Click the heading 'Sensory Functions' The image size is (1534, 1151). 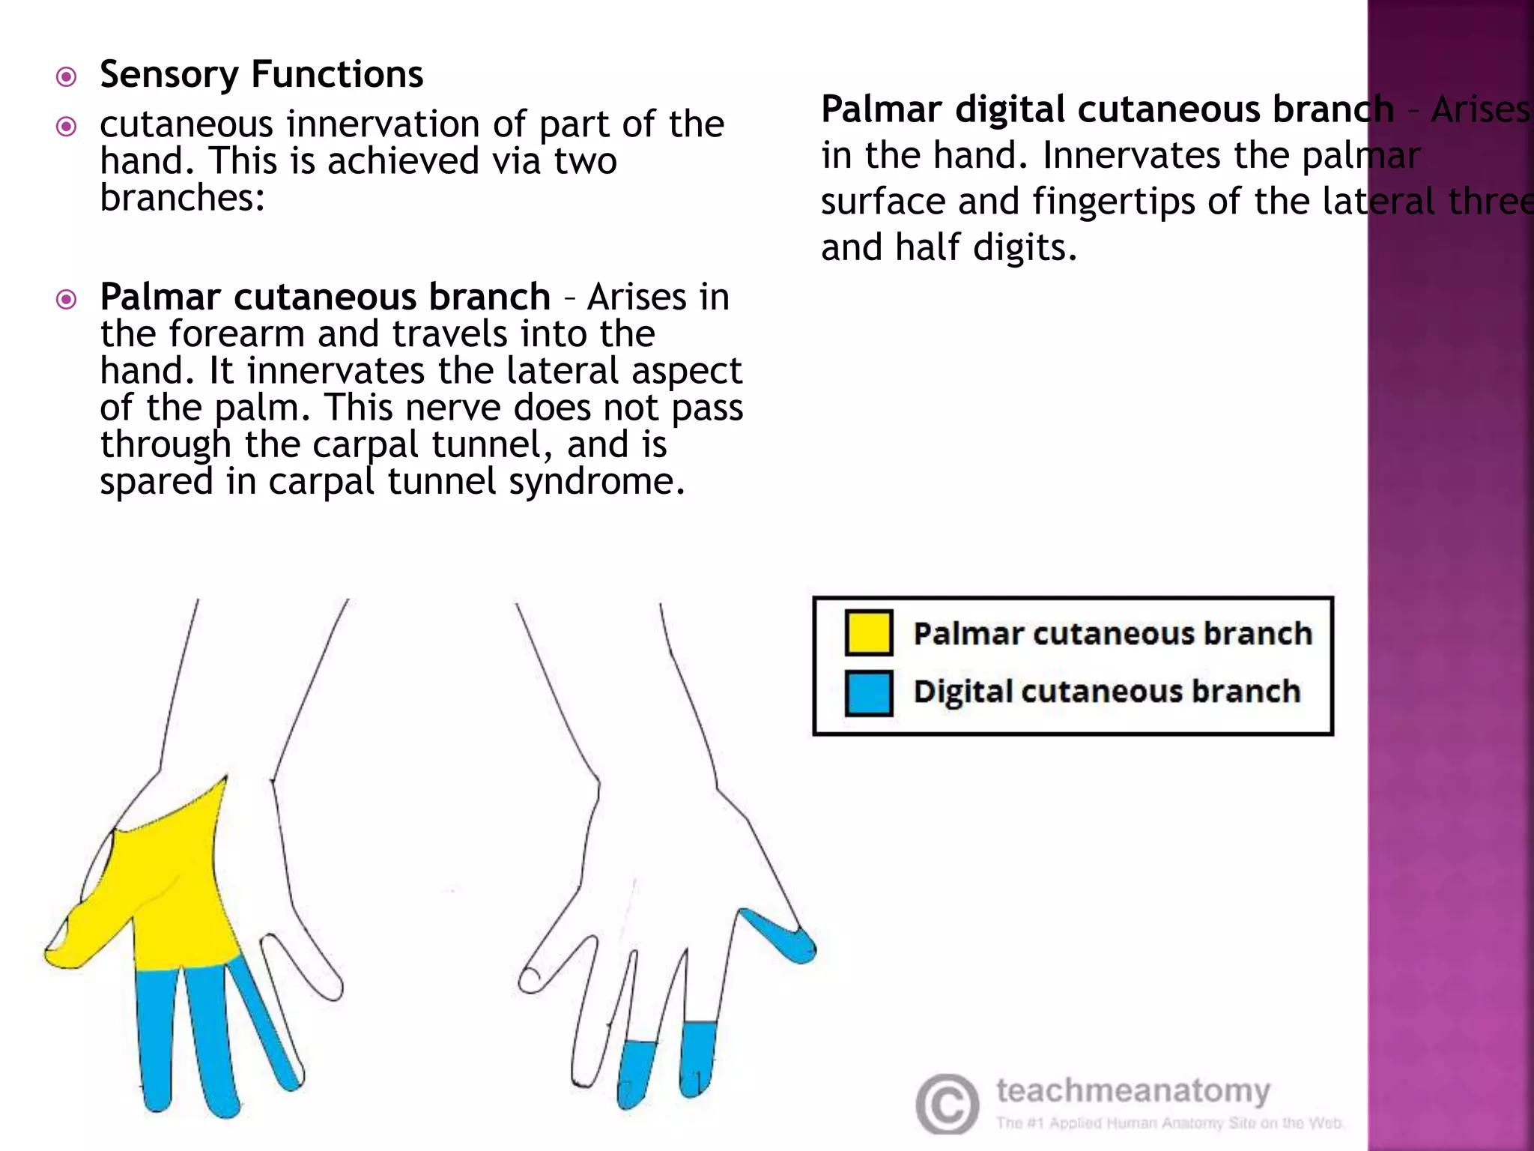(x=261, y=74)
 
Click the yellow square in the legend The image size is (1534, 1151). (x=868, y=632)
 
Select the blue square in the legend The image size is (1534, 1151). (x=868, y=692)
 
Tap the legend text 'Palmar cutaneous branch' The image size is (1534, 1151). (x=1112, y=634)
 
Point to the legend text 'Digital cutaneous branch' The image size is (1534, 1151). (x=1106, y=692)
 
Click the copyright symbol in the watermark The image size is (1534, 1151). (x=947, y=1105)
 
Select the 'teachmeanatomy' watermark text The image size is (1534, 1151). (x=1133, y=1090)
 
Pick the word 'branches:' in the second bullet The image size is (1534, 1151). (x=183, y=198)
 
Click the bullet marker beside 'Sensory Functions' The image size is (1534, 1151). (x=67, y=76)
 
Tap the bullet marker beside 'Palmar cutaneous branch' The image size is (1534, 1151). (x=67, y=300)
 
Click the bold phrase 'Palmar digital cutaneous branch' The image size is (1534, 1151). (x=1107, y=109)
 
